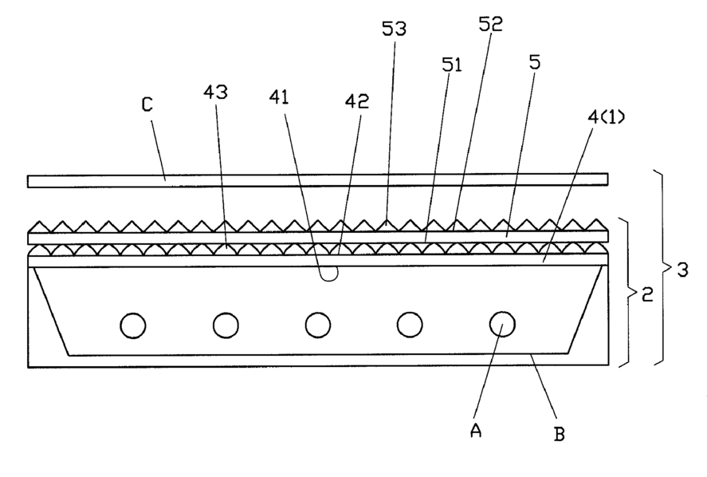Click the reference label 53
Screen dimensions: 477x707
tap(394, 30)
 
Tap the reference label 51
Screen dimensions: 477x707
tap(452, 64)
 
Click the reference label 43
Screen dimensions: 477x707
tap(215, 92)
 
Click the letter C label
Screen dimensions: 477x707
tap(147, 105)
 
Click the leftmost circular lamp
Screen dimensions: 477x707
tap(133, 325)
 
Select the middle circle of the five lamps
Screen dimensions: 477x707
tap(318, 325)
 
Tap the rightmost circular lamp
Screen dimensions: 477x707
tap(502, 325)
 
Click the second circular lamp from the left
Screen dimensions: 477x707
tap(226, 325)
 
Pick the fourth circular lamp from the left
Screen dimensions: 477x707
tap(410, 325)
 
